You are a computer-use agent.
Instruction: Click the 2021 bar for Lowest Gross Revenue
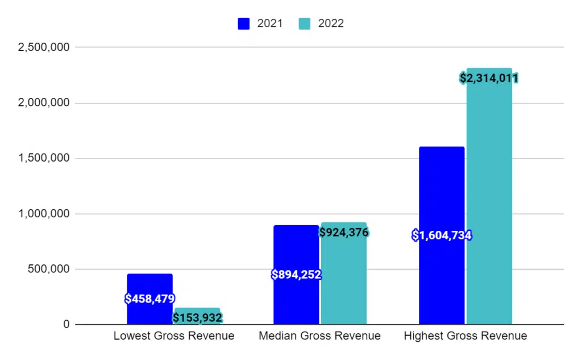tap(149, 284)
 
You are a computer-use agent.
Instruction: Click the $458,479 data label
tap(149, 299)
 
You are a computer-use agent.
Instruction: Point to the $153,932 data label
tap(197, 318)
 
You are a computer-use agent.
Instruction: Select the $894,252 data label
tap(296, 275)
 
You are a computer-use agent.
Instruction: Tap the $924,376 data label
tap(344, 232)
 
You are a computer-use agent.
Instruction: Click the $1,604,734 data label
tap(442, 235)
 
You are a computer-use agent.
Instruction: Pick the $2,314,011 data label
tap(489, 78)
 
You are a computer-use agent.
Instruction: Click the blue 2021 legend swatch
tap(244, 24)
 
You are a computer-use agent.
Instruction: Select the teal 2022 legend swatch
tap(305, 24)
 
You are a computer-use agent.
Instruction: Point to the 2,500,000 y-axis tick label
tap(44, 47)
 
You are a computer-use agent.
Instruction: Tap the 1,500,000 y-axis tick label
tap(44, 158)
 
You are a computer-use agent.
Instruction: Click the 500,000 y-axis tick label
tap(48, 269)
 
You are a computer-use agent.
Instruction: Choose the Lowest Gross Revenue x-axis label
tap(174, 336)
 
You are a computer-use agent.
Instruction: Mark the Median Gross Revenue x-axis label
tap(319, 336)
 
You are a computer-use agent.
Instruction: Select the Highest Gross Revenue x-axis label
tap(465, 336)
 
